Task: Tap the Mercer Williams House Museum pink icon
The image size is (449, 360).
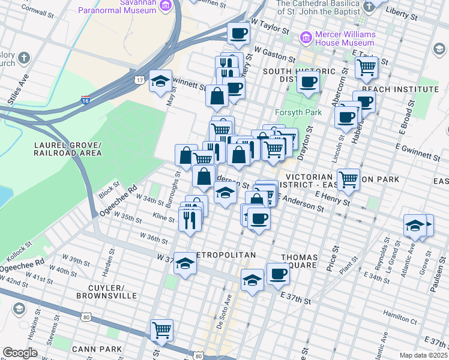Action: click(x=306, y=38)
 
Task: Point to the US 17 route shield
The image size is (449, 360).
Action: click(x=140, y=80)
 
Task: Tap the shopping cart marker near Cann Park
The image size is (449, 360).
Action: click(x=162, y=329)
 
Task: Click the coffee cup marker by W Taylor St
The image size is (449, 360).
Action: click(x=238, y=33)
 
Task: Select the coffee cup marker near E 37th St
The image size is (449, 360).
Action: click(x=278, y=274)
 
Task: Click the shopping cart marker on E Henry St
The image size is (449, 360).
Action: click(x=348, y=178)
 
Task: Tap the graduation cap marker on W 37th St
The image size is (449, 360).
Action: click(x=185, y=264)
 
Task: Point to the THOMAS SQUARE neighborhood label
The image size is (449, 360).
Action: click(x=298, y=260)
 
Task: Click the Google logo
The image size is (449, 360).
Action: click(x=20, y=352)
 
